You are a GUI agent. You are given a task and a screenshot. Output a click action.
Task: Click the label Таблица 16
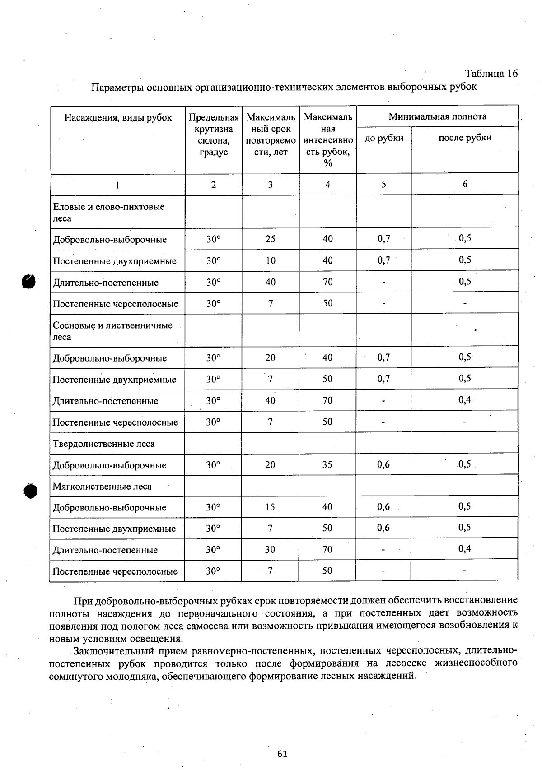[491, 74]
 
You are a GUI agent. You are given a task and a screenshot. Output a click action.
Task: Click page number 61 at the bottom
[282, 753]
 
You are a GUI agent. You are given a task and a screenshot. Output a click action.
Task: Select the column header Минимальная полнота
[437, 116]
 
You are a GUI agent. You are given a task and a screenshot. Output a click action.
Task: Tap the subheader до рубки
[384, 138]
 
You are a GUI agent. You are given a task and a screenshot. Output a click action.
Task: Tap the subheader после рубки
[465, 138]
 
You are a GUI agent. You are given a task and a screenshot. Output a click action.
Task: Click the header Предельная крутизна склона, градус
[214, 135]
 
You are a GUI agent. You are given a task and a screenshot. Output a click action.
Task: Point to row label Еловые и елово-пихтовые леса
[108, 212]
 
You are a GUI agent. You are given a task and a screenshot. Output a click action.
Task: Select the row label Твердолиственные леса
[104, 444]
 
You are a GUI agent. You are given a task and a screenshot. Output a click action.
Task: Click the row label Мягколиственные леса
[102, 487]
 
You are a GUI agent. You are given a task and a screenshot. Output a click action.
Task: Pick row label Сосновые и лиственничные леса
[112, 331]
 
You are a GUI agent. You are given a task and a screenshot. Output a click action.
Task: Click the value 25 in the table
[270, 239]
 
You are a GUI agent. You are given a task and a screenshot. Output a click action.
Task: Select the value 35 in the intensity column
[327, 464]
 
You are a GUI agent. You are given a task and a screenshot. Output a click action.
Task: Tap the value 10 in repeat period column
[270, 260]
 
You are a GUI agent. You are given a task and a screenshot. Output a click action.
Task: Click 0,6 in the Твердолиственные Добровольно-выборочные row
[383, 464]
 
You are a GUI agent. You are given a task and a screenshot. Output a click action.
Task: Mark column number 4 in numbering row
[327, 184]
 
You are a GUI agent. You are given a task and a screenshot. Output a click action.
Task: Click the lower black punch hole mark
[31, 491]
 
